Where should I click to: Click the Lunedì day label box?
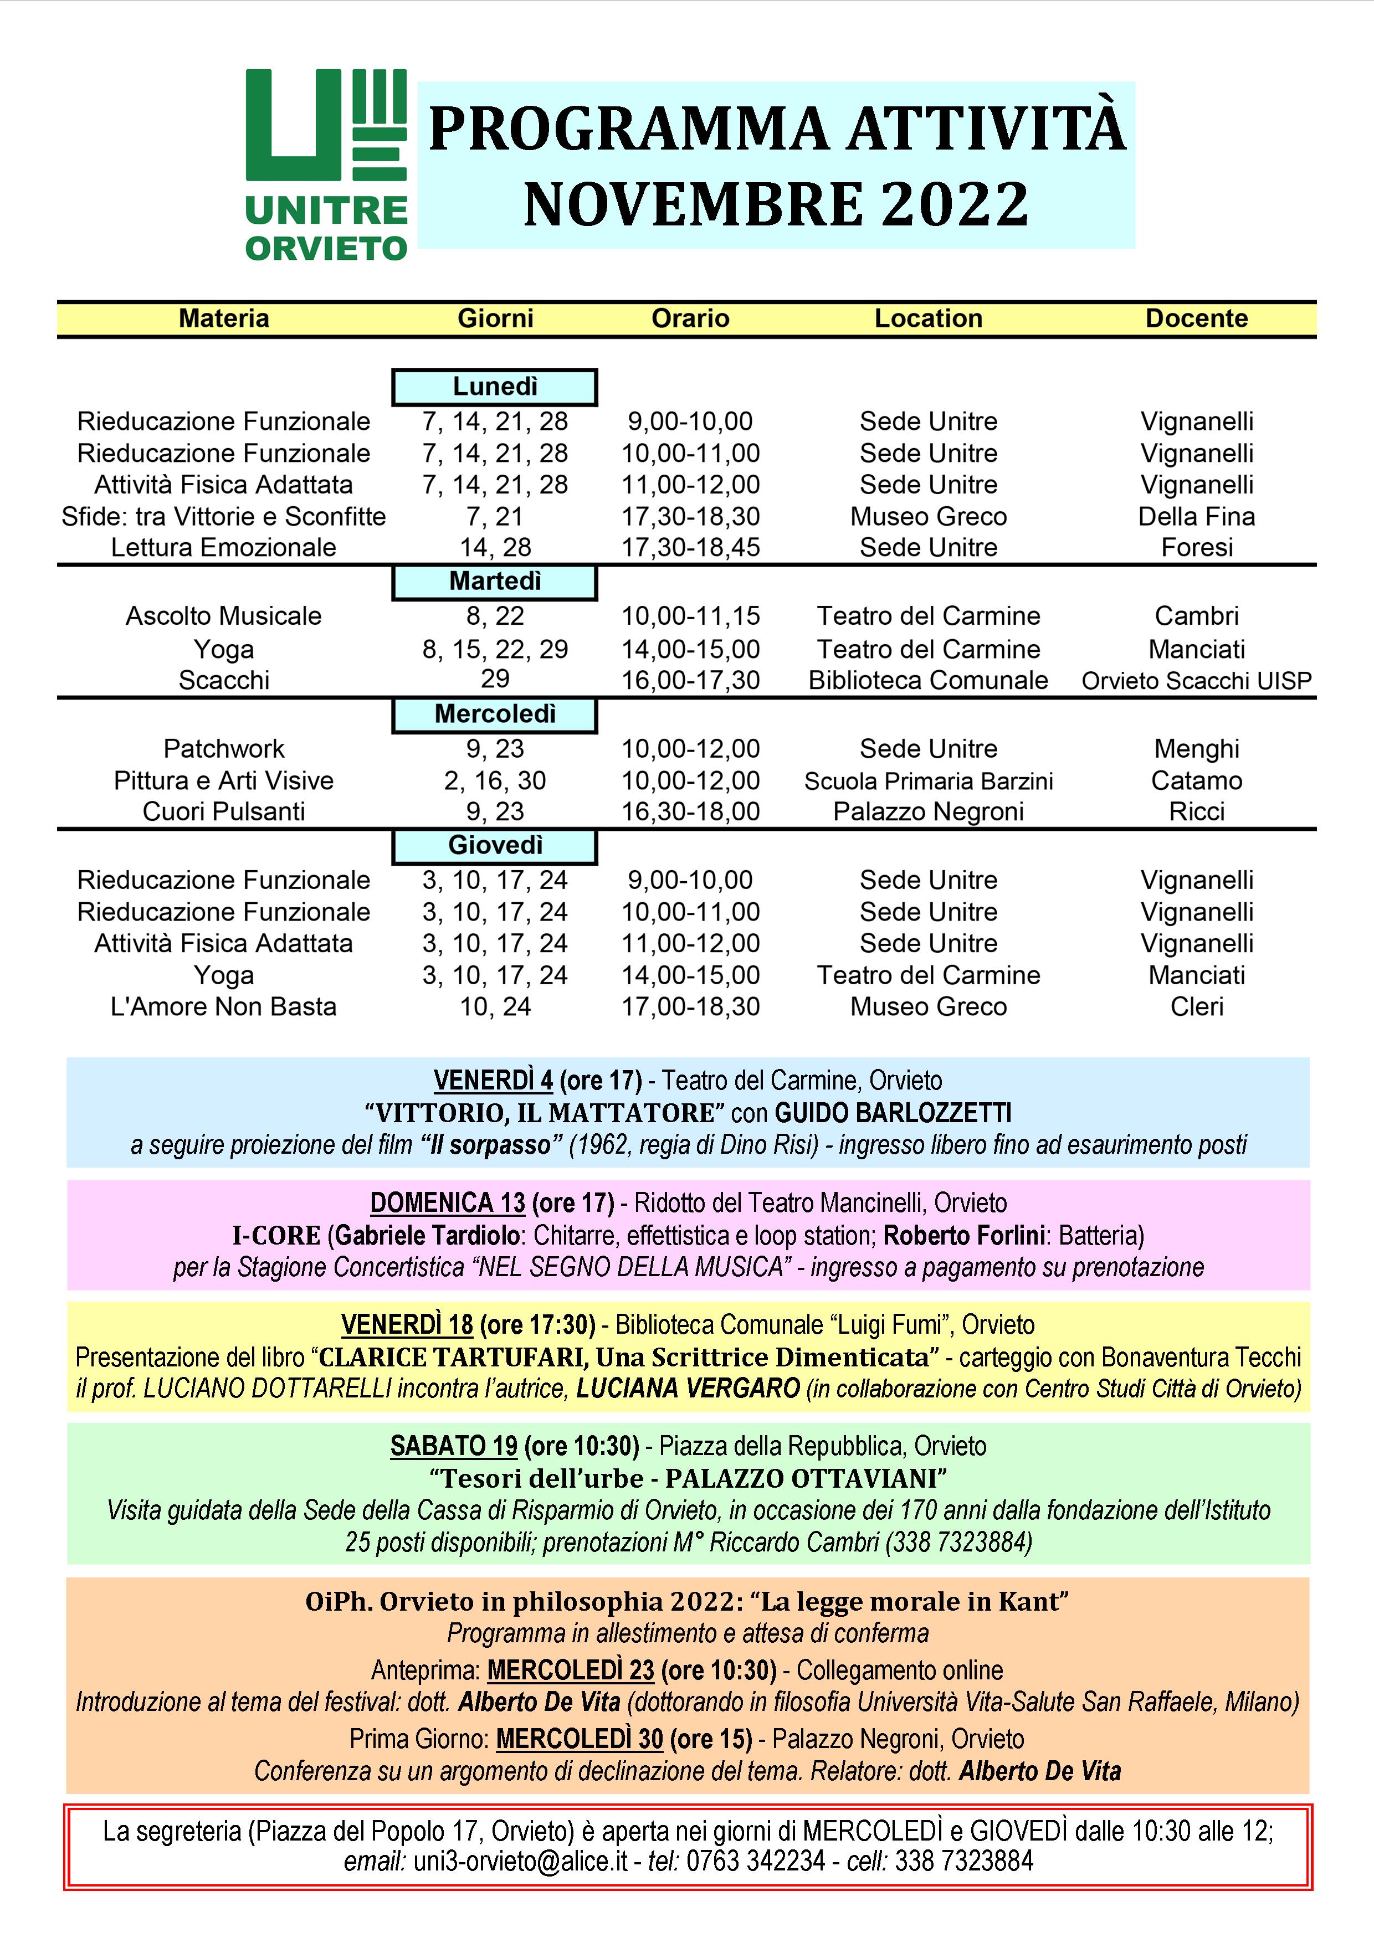(x=495, y=387)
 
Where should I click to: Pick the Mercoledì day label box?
(x=495, y=715)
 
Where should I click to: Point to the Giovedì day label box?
(x=495, y=845)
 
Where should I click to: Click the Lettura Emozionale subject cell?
(x=223, y=548)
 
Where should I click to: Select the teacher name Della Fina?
(x=1196, y=516)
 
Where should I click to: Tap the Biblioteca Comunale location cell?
(x=928, y=680)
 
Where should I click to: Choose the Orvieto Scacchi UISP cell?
(x=1196, y=680)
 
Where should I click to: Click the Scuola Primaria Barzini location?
(x=928, y=780)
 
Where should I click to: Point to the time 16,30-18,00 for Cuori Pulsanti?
(x=690, y=811)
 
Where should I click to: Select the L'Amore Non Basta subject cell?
(x=223, y=1007)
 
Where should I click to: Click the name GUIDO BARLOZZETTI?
(x=893, y=1112)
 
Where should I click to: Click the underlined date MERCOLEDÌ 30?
(x=579, y=1739)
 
